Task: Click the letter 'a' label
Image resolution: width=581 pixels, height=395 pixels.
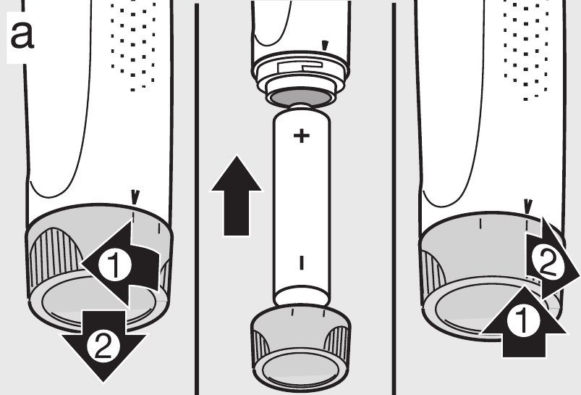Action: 22,35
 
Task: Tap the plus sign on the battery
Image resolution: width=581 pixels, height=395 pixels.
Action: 302,136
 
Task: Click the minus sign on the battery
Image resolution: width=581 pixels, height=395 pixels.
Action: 302,262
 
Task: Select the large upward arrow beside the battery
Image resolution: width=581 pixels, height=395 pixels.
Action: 237,196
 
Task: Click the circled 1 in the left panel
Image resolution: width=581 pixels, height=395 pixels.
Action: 115,265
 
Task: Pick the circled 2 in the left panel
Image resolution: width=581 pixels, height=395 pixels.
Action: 103,346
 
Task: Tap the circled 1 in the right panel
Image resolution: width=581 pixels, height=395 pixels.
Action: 523,321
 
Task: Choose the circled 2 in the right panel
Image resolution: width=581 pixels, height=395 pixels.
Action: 548,263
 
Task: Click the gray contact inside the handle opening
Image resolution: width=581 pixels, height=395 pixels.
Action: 300,98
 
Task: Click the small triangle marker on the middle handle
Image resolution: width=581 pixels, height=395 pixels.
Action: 325,45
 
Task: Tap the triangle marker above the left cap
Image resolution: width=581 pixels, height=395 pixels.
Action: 135,197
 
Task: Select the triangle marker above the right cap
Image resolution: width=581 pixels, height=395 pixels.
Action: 527,206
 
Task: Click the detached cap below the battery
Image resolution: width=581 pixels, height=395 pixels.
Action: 301,348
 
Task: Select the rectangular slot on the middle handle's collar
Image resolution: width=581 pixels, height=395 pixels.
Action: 300,67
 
